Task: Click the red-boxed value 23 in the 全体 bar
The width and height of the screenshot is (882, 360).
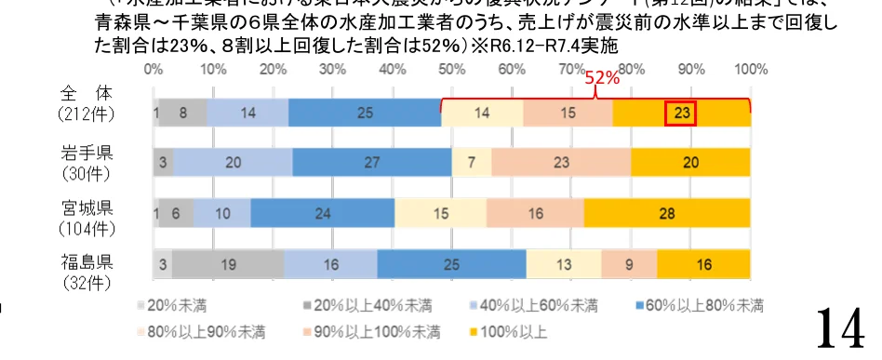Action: click(681, 113)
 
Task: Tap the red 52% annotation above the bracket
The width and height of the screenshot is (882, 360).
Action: click(602, 79)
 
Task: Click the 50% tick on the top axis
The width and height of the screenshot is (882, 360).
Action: click(451, 69)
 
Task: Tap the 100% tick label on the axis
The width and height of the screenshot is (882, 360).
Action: click(750, 69)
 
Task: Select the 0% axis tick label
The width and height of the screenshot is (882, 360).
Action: click(154, 69)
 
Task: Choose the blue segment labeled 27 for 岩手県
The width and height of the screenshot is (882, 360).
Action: click(371, 162)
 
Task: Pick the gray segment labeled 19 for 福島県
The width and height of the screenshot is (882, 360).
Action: click(228, 264)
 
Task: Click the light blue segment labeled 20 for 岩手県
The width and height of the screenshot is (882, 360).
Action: click(233, 162)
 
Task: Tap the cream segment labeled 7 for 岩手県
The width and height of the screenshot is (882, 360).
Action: click(472, 162)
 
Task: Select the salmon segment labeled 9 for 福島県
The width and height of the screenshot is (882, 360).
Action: click(629, 264)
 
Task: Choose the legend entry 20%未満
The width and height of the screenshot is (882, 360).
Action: click(177, 305)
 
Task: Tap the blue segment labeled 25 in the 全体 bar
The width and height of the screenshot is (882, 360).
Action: click(364, 113)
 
